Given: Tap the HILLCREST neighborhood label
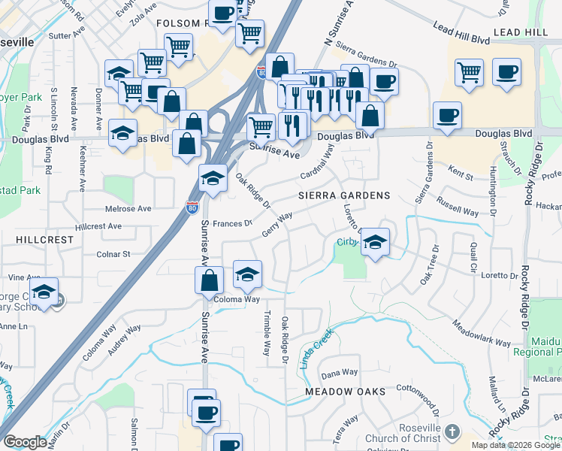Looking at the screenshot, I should (44, 239).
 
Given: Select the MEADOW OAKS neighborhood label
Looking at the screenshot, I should (345, 392).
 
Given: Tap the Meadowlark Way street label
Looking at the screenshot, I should (481, 334).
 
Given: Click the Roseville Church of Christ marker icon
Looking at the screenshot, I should (451, 431).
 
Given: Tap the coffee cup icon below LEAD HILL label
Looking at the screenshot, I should (506, 72).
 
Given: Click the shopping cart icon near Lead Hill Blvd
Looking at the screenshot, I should (470, 72).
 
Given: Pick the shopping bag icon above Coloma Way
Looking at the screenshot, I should (210, 280).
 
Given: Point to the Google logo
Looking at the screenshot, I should (25, 442).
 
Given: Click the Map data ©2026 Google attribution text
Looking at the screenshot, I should (515, 445).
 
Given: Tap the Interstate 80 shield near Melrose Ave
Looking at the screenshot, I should (192, 204).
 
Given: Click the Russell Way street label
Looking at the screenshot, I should (458, 207).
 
